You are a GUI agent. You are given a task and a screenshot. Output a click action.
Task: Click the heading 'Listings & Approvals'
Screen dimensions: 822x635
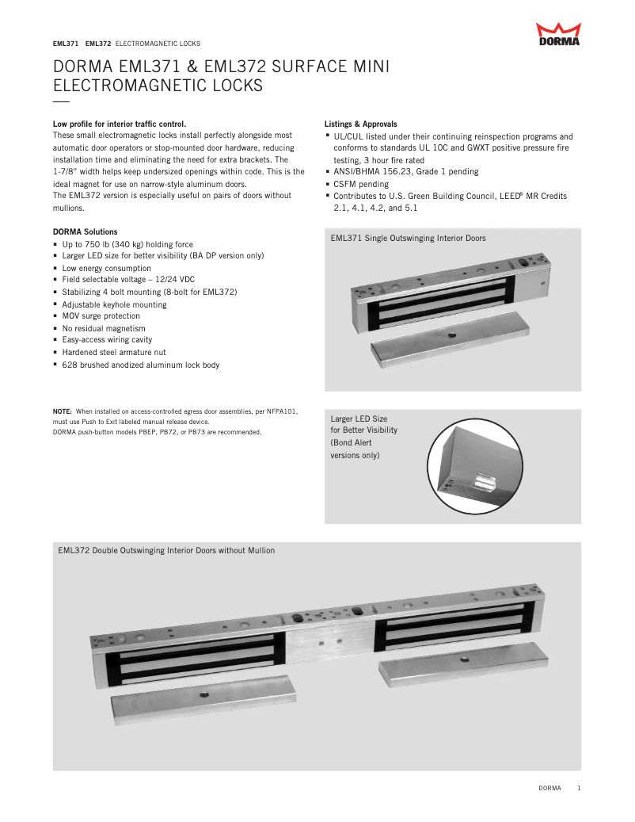tap(361, 124)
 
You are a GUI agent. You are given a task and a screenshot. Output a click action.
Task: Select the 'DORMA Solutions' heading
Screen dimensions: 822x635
tap(85, 231)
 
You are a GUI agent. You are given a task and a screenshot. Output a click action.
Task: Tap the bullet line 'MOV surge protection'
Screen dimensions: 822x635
tap(101, 316)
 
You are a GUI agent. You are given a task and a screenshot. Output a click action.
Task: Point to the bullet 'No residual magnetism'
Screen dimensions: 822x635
tap(104, 328)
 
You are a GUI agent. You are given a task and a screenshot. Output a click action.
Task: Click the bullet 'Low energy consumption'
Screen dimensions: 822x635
tap(107, 269)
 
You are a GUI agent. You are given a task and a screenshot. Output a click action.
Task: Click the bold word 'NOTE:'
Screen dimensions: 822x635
tap(63, 411)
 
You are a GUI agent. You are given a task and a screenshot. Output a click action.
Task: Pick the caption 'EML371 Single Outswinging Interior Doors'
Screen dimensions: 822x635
tap(408, 238)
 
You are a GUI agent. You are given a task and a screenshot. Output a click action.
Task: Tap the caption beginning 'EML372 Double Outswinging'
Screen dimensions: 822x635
tap(166, 550)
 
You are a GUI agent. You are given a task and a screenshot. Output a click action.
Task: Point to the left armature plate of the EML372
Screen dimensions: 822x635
tap(203, 694)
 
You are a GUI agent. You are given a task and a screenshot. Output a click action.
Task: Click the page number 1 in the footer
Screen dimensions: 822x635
tap(580, 788)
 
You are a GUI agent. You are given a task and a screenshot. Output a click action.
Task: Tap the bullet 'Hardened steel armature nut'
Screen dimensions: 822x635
tap(114, 353)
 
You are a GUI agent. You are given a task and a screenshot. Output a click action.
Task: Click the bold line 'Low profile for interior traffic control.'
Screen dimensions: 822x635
tap(120, 124)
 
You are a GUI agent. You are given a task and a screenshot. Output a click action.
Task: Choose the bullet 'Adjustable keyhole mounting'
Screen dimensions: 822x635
tap(115, 304)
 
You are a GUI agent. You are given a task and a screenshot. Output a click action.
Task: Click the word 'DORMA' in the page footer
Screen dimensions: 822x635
tap(550, 788)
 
